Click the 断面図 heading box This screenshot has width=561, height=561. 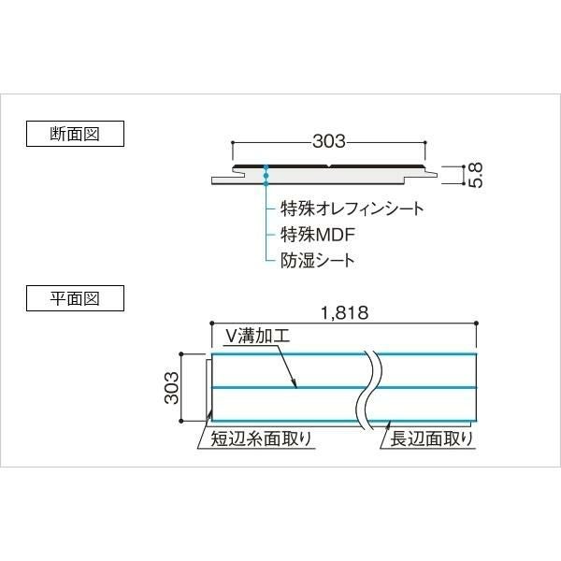[75, 134]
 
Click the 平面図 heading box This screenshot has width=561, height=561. [75, 298]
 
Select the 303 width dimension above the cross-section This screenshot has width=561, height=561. [329, 141]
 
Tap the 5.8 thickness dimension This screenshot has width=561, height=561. [476, 175]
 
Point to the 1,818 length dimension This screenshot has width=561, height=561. [344, 313]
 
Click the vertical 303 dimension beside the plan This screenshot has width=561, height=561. [172, 387]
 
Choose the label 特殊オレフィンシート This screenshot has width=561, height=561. [352, 209]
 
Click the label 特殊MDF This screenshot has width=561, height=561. [317, 235]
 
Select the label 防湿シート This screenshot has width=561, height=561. [317, 261]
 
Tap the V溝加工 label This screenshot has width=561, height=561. [258, 336]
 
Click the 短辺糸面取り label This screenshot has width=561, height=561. [261, 439]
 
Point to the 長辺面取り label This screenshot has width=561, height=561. [431, 439]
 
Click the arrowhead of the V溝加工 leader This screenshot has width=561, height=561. [295, 386]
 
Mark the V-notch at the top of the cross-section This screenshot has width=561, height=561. [329, 166]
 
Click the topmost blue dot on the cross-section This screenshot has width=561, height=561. [266, 167]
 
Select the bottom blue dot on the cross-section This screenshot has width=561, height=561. [266, 183]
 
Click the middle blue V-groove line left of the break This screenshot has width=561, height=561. [289, 387]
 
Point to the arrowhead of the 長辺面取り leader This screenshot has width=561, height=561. [390, 423]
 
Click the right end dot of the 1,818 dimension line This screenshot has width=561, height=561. [476, 324]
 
